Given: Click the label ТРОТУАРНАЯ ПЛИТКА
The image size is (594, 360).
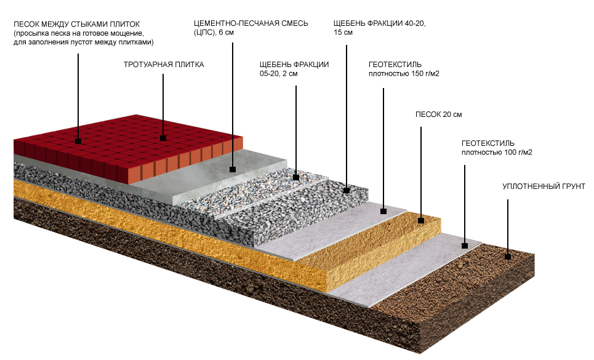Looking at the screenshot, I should (163, 64).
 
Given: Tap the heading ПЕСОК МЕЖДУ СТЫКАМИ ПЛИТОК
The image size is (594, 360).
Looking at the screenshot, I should (76, 24).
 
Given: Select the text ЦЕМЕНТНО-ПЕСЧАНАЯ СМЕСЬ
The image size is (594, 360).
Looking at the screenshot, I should (251, 23).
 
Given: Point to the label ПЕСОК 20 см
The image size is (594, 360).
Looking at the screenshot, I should (439, 115).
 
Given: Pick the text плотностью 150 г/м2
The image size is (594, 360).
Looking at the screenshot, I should (404, 74).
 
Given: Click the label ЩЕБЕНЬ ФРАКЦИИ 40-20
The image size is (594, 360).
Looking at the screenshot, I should (379, 23).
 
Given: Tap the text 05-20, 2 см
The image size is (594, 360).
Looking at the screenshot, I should (279, 74).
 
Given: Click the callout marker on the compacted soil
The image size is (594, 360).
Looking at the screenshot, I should (508, 257).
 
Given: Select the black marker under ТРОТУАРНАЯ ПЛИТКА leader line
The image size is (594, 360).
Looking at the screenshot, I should (163, 138).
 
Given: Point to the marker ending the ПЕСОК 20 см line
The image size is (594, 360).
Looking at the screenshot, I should (421, 220).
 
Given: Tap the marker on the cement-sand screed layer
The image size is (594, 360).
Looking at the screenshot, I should (233, 169).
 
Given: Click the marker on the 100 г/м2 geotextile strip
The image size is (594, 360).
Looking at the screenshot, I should (464, 246).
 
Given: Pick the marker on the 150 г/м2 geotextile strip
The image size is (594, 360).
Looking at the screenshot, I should (383, 211).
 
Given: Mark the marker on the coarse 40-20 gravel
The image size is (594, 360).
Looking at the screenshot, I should (347, 190).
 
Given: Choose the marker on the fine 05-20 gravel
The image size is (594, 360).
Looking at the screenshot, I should (296, 177).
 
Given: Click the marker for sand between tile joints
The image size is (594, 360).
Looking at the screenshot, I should (78, 141).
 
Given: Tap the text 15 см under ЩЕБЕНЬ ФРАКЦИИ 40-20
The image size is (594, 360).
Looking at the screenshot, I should (343, 33).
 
